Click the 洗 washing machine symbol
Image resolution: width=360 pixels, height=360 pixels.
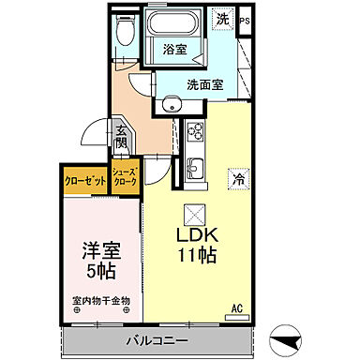(x=222, y=19)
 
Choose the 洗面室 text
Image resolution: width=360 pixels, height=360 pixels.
(x=203, y=82)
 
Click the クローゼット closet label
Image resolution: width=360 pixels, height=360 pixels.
(x=84, y=179)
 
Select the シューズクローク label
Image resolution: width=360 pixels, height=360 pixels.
(x=124, y=179)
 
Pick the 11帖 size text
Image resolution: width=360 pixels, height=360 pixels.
(x=198, y=254)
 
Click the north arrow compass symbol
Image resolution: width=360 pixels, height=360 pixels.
(x=284, y=338)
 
